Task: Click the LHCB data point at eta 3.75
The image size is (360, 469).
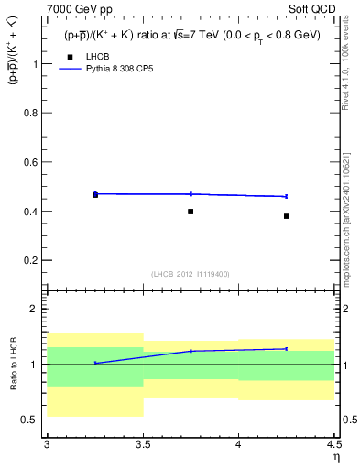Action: (191, 212)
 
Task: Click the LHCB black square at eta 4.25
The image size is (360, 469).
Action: (287, 216)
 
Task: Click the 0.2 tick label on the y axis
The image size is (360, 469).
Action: (33, 260)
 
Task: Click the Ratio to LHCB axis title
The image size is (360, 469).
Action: (16, 365)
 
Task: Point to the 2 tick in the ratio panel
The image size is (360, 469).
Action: (37, 309)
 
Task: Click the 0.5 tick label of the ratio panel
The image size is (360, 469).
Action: (32, 420)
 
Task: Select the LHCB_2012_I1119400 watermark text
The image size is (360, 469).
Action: (191, 274)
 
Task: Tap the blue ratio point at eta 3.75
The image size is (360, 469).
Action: (191, 351)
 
